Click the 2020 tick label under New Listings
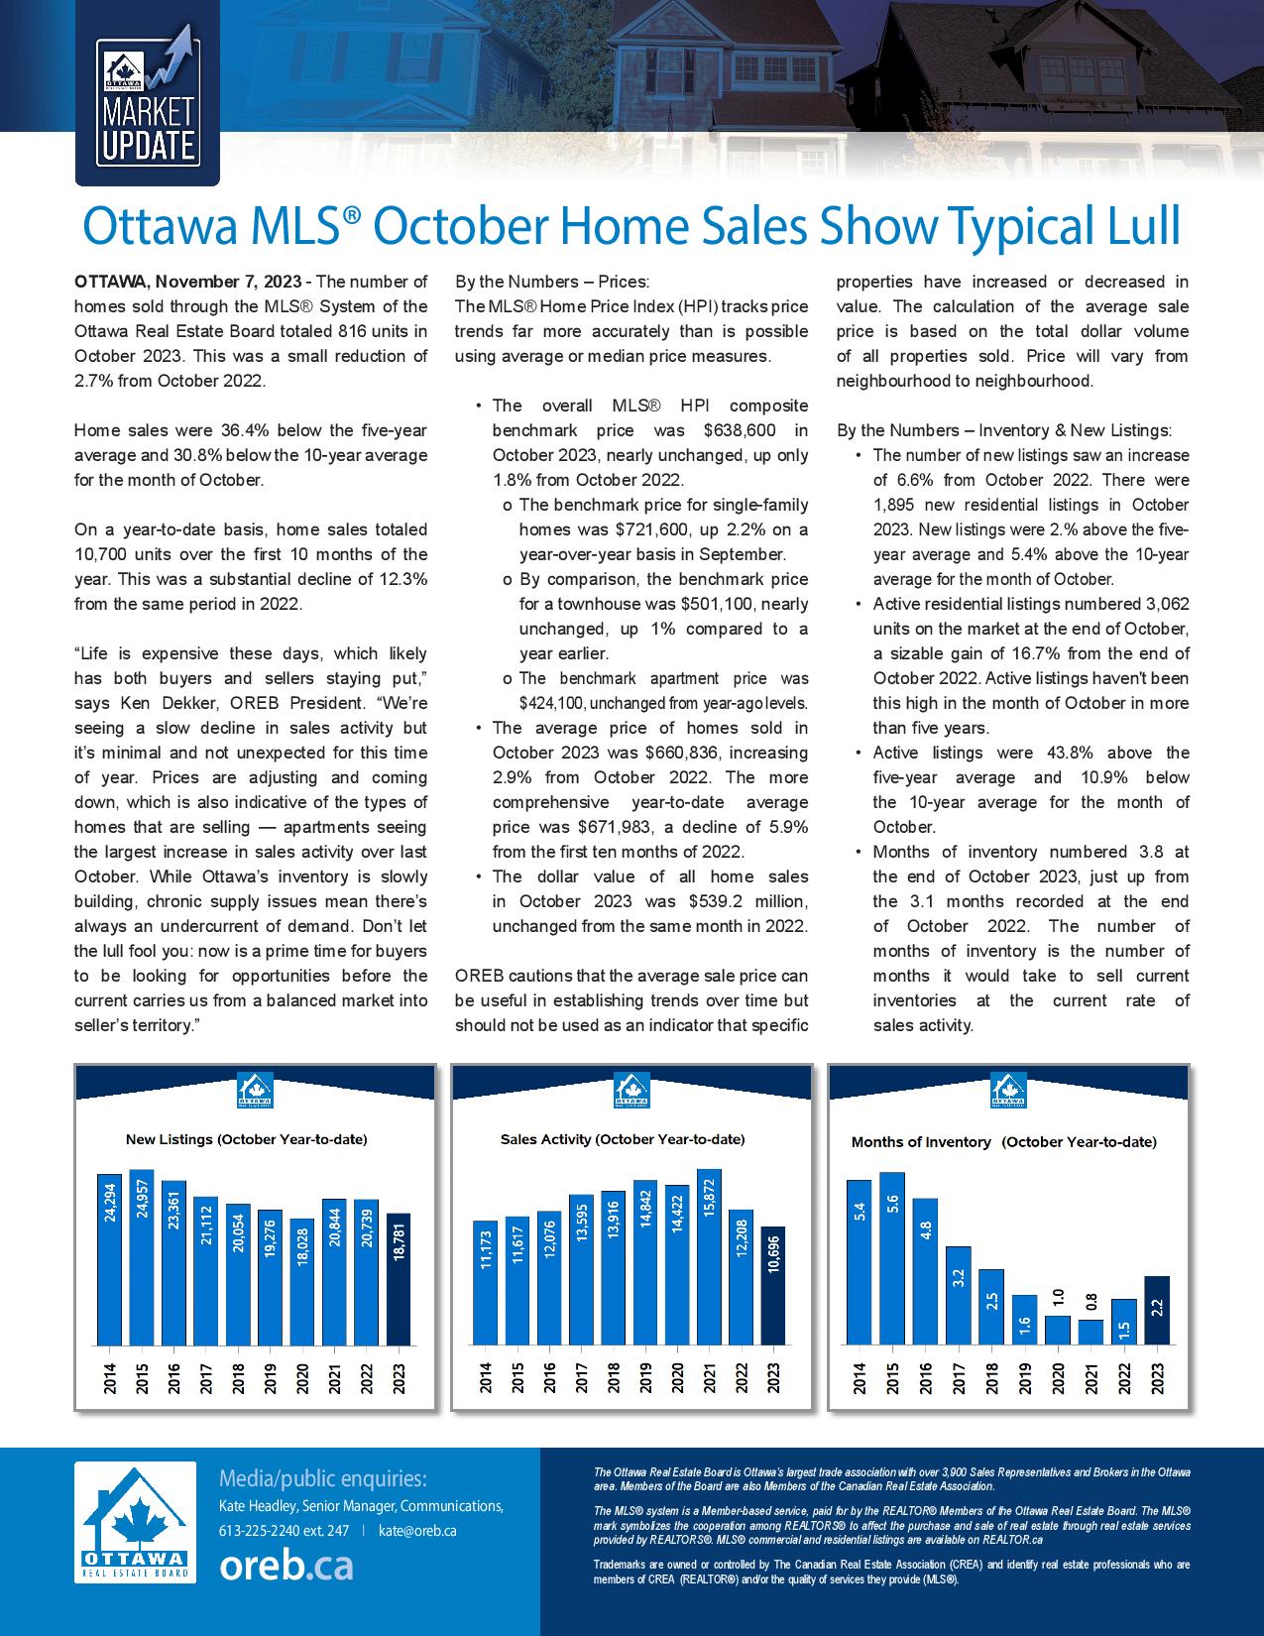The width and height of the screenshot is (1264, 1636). pos(302,1379)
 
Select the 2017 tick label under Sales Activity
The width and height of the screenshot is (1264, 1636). pos(582,1379)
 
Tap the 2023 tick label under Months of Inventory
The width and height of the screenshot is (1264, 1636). pos(1156,1379)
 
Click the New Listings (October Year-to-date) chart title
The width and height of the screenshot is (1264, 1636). pos(246,1139)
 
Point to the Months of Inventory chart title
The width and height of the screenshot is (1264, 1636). pos(1003,1141)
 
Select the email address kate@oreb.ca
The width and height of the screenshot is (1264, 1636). pos(417,1531)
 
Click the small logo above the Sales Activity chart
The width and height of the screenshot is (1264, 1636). pos(632,1090)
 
